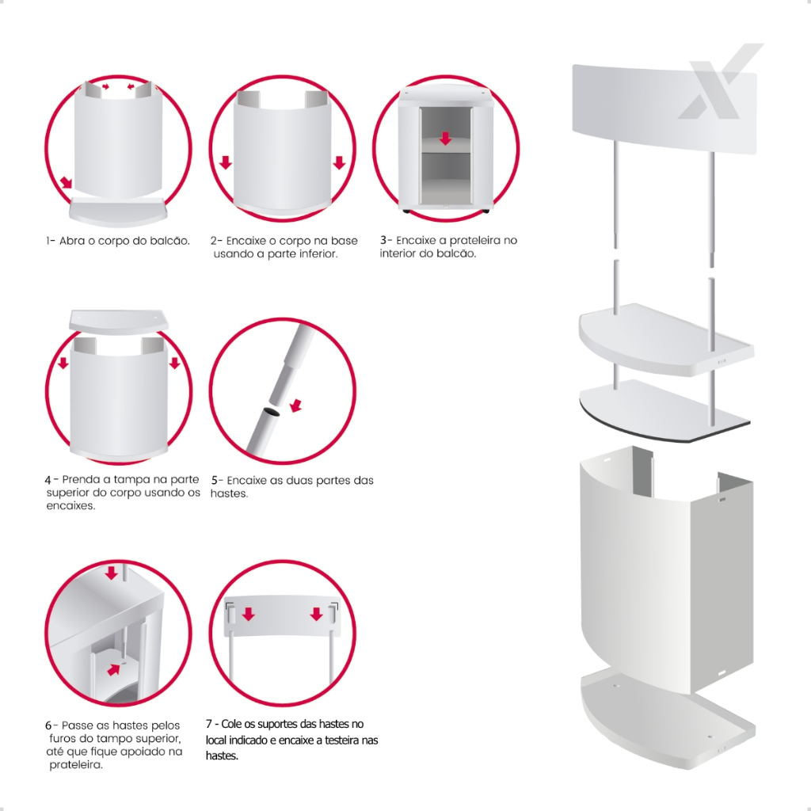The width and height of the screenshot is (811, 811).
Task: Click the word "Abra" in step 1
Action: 70,241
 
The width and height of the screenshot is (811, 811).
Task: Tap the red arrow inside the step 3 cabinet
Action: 445,138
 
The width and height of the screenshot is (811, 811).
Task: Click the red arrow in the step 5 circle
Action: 296,405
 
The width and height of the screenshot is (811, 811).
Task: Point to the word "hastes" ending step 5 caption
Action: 229,493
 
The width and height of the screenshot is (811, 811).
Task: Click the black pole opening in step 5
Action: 271,412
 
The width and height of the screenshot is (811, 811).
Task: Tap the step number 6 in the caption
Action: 48,725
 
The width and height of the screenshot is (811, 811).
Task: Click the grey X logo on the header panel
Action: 720,82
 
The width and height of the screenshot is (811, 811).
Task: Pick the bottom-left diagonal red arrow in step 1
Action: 67,183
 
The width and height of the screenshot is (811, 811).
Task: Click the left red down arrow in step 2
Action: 226,162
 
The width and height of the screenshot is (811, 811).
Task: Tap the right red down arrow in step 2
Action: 339,162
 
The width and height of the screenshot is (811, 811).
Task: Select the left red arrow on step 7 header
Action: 249,614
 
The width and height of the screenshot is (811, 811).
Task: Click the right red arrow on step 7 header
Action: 317,614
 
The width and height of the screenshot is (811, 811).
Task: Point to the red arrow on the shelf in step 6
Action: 113,669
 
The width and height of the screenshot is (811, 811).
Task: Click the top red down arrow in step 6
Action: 111,573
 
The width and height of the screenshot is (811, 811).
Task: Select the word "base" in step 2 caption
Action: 345,241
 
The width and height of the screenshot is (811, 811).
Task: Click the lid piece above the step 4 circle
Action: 119,321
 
